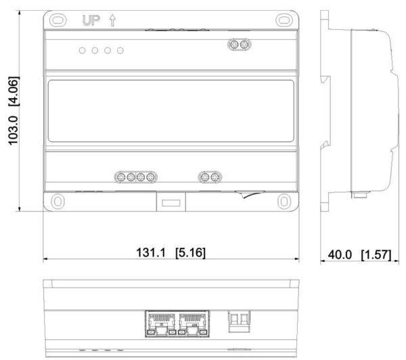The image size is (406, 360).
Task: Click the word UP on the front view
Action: pyautogui.click(x=91, y=20)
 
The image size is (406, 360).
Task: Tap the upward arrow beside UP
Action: pyautogui.click(x=112, y=20)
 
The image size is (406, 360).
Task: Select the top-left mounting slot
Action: pyautogui.click(x=58, y=20)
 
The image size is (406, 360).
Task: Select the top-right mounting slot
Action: pyautogui.click(x=284, y=20)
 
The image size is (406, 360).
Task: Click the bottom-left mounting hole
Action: pyautogui.click(x=58, y=201)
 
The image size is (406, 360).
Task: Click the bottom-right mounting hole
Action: pyautogui.click(x=284, y=201)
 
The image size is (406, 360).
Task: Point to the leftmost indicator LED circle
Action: pyautogui.click(x=83, y=51)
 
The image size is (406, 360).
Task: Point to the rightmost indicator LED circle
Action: pyautogui.click(x=120, y=51)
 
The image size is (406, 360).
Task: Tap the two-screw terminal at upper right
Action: pyautogui.click(x=240, y=45)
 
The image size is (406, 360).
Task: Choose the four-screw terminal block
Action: pyautogui.click(x=136, y=177)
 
